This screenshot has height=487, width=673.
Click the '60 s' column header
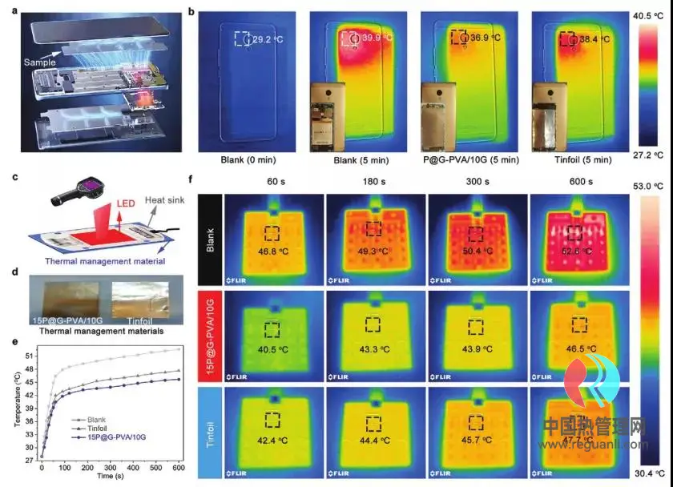[x=273, y=182]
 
